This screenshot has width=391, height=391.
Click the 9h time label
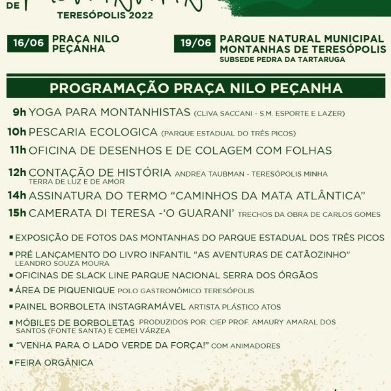20,113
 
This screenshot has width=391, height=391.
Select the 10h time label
17,132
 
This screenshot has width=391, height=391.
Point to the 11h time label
18,151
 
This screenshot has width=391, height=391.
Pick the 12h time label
18,173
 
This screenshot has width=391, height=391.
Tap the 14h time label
18,195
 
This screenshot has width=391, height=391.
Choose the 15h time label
18,213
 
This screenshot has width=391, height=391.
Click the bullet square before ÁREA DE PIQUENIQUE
10,290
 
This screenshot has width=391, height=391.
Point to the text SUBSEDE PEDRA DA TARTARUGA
283,60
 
